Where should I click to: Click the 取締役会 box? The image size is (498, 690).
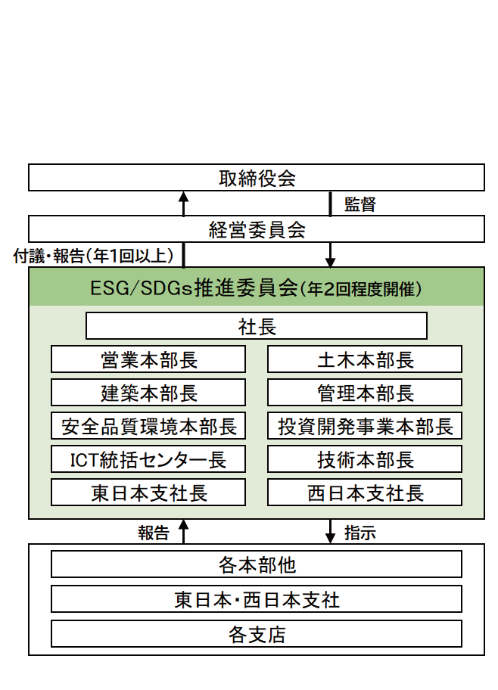tap(257, 179)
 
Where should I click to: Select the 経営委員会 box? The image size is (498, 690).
tap(257, 229)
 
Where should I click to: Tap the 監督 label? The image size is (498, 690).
tap(359, 204)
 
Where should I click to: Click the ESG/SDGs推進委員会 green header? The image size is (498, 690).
tap(257, 287)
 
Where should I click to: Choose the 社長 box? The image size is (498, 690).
tap(257, 326)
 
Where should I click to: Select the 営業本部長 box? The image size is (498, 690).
tap(148, 359)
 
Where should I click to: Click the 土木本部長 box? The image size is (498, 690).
tap(365, 359)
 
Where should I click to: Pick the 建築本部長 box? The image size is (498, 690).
tap(148, 393)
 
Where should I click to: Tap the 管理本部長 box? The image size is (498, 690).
tap(365, 393)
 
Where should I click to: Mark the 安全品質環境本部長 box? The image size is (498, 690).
tap(148, 426)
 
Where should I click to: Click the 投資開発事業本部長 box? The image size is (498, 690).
tap(365, 426)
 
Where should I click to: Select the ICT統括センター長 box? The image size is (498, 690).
tap(148, 459)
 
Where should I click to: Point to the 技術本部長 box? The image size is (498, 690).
tap(365, 459)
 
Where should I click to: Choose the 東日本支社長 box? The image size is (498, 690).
tap(148, 493)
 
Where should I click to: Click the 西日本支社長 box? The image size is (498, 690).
tap(365, 493)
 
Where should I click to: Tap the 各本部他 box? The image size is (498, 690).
tap(257, 564)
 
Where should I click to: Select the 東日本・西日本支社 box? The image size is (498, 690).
tap(257, 599)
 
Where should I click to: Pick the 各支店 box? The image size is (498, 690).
tap(257, 634)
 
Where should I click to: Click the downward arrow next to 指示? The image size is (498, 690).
tap(330, 532)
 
